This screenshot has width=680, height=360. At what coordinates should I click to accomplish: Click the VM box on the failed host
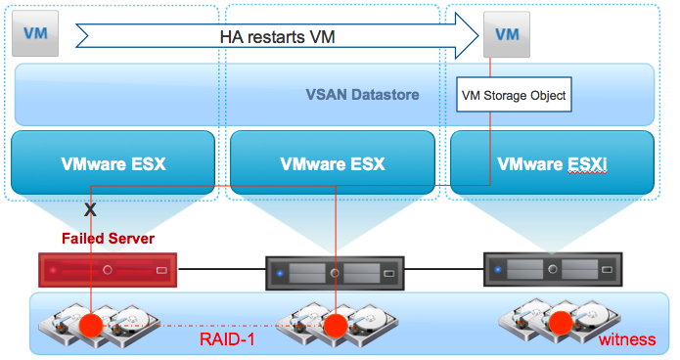coord(35,33)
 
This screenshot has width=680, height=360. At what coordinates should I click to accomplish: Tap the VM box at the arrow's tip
coord(507,34)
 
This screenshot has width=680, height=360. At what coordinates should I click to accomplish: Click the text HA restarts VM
coord(277,37)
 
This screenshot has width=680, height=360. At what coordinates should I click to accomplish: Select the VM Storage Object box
coord(514,95)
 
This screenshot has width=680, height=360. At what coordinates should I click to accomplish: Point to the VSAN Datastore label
coord(362,95)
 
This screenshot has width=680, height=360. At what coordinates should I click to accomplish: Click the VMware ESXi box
coord(552,162)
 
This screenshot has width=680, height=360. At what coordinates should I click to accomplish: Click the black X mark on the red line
coord(90,210)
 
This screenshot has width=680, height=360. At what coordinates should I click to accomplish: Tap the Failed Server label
coord(108,238)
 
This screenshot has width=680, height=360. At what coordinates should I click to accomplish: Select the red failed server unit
coord(108,270)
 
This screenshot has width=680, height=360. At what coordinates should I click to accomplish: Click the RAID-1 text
coord(227,339)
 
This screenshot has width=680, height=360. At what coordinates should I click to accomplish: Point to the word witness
coord(627,339)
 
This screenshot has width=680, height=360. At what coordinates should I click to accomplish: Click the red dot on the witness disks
coord(561,323)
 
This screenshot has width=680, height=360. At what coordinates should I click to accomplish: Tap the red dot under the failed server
coord(91,326)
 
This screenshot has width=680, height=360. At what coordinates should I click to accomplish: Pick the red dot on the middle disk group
coord(336,326)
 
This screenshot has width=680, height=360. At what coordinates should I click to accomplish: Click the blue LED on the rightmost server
coord(498,269)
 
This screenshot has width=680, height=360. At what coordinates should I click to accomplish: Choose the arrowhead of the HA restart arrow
coord(467,35)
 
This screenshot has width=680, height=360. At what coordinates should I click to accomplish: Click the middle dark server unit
coord(335,273)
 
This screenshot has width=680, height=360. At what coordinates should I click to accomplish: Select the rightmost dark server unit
coord(553,269)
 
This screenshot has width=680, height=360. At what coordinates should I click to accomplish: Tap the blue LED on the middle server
coord(280,273)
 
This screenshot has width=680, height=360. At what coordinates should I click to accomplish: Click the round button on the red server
coord(108,270)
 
